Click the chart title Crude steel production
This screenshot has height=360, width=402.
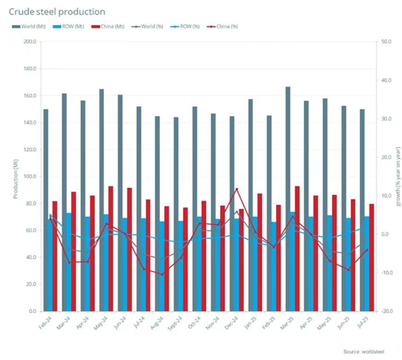[x=57, y=12]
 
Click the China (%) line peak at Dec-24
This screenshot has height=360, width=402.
[x=237, y=189]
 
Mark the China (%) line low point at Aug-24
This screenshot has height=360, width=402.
[x=162, y=274]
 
